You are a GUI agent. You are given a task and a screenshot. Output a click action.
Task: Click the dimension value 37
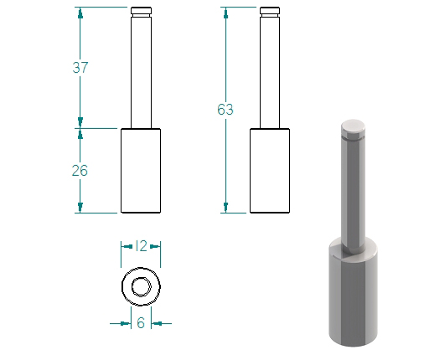(x=80, y=68)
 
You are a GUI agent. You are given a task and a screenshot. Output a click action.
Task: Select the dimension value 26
(x=80, y=171)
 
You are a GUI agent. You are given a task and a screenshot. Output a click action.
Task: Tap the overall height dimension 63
(x=225, y=110)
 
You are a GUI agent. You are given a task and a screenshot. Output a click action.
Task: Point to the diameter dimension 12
(x=141, y=246)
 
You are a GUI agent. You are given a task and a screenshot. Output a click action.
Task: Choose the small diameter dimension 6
(x=141, y=323)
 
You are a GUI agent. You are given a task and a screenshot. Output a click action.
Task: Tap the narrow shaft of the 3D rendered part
(x=353, y=193)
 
